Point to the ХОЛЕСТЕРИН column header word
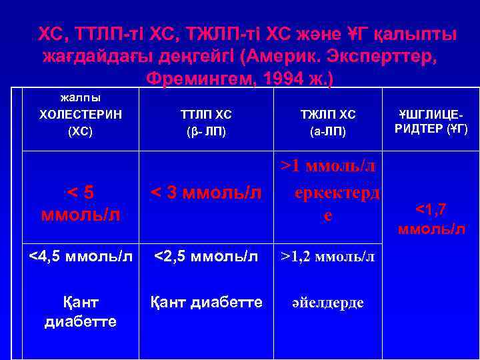point(81,114)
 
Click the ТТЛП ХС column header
point(206,114)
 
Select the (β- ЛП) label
point(206,131)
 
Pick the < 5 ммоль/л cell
point(81,203)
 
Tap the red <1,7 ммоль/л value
point(431,219)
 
